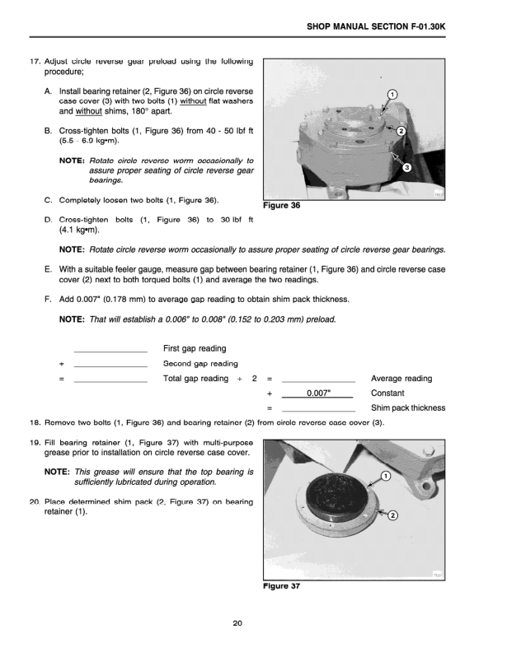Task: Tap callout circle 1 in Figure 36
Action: pyautogui.click(x=392, y=94)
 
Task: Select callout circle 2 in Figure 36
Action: pyautogui.click(x=401, y=132)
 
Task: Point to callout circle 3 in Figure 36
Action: pyautogui.click(x=406, y=168)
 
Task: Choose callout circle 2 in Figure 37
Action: pyautogui.click(x=392, y=515)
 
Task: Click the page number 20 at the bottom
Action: pyautogui.click(x=237, y=623)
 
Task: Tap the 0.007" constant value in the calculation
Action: pyautogui.click(x=318, y=394)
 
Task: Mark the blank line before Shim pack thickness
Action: pyautogui.click(x=318, y=409)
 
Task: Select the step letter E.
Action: pyautogui.click(x=49, y=268)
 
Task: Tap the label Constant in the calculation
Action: pyautogui.click(x=388, y=394)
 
